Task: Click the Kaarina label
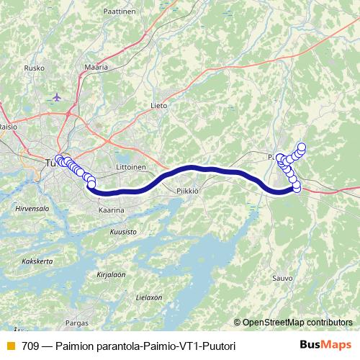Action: coord(111,210)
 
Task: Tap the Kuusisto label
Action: coord(123,233)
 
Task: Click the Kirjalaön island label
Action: coord(112,274)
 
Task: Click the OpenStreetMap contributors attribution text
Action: coord(297,322)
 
